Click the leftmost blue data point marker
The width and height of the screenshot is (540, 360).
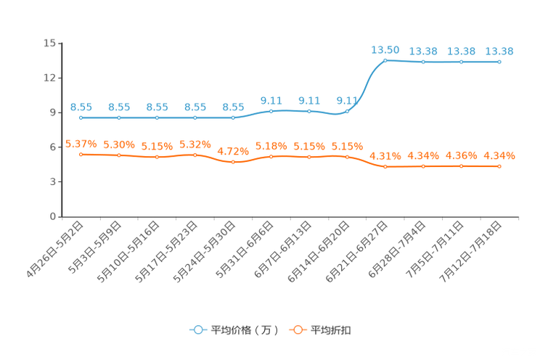[x=81, y=118]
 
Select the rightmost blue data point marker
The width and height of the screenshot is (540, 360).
[x=499, y=62]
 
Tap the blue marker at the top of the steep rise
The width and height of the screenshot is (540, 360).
[x=385, y=60]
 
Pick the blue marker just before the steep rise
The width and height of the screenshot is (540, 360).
[x=348, y=112]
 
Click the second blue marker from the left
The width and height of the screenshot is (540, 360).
[x=119, y=118]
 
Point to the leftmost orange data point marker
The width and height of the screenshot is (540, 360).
[x=81, y=154]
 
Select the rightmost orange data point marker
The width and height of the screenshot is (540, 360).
[x=499, y=166]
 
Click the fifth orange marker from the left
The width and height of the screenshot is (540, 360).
[x=233, y=162]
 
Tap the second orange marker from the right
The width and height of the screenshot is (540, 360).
[x=461, y=166]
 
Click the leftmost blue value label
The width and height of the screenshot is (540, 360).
[x=81, y=107]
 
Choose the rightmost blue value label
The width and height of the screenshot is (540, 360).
[x=499, y=51]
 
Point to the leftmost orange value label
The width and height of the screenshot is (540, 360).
[x=81, y=143]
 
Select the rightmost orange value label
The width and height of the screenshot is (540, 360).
[x=499, y=155]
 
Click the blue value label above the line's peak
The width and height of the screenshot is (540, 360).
[x=385, y=49]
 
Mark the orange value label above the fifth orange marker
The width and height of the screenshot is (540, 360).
[x=233, y=151]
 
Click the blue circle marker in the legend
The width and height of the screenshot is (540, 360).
[x=197, y=330]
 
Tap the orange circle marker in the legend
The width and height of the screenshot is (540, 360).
[x=297, y=330]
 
